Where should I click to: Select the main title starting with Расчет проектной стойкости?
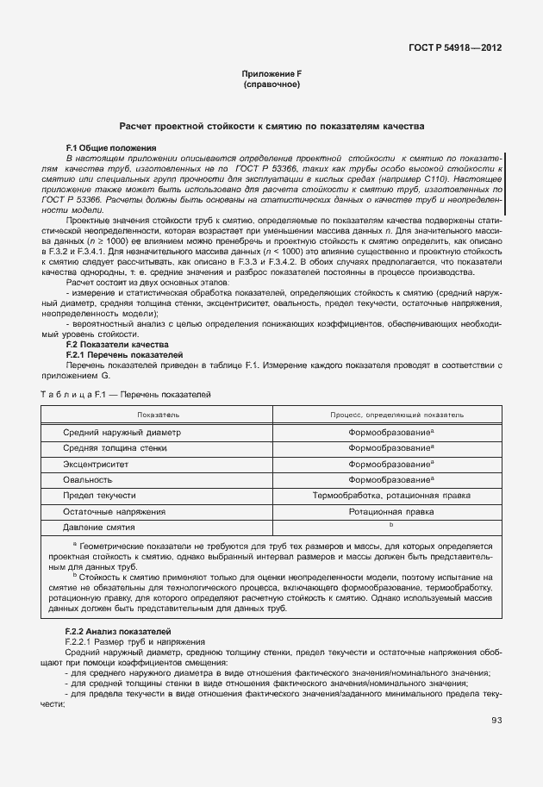tap(271, 126)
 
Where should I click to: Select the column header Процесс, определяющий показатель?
tap(390, 415)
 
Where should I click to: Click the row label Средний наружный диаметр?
tap(122, 432)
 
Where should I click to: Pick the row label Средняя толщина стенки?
tap(116, 448)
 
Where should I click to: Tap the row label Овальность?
tap(88, 479)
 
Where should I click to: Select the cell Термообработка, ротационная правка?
tap(390, 496)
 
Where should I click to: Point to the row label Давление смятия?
tap(99, 527)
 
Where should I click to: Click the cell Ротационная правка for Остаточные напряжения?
tap(390, 511)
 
